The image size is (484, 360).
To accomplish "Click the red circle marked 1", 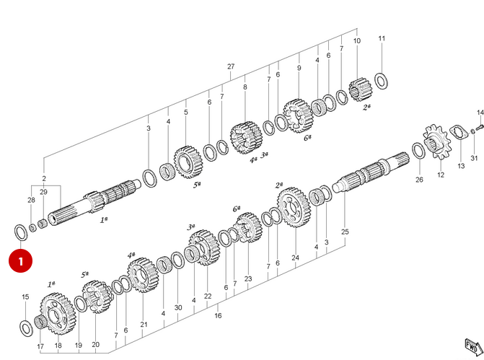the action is coord(20,261).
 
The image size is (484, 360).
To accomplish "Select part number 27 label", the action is coord(231,66).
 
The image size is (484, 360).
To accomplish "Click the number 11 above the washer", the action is coord(382,38).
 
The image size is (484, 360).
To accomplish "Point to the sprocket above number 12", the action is coord(437,142).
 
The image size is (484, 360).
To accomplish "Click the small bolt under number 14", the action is coord(480,126).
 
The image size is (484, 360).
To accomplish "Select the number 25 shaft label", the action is coord(345,232).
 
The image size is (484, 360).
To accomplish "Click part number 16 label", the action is coord(218,315).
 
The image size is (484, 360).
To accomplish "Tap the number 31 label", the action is coord(474,158).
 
